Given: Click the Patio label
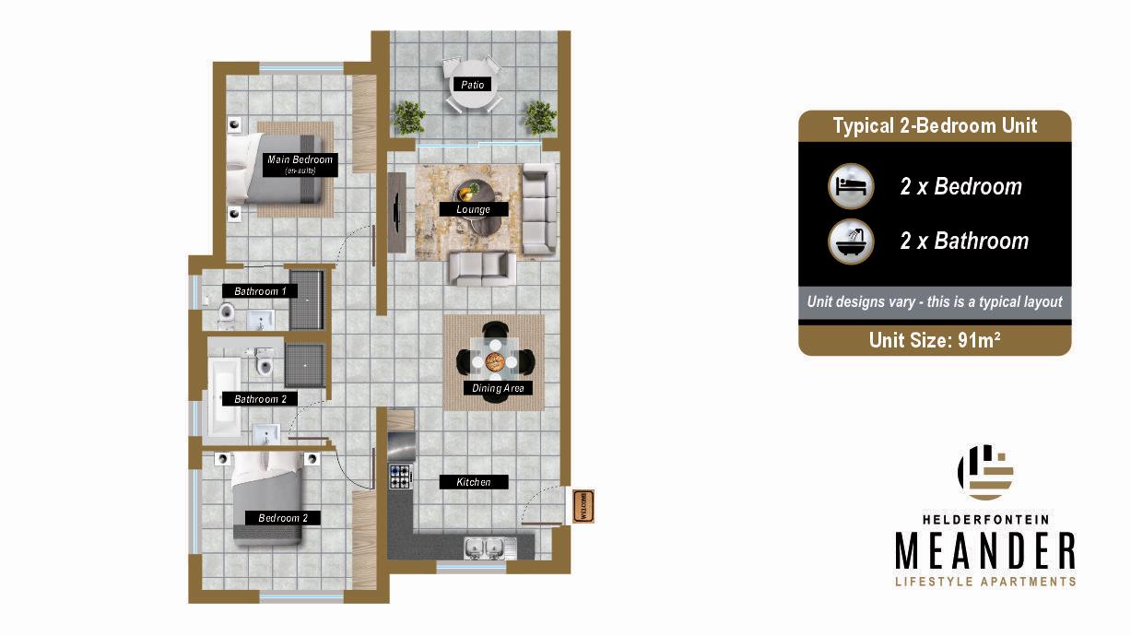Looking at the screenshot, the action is pos(472,85).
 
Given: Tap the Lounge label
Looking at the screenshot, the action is pos(473,209).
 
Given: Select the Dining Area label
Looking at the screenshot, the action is pos(498,388).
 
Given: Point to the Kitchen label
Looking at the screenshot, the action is pos(474,482).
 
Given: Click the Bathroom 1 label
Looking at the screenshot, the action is pos(260,291).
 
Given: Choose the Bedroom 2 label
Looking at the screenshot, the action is pos(283,518).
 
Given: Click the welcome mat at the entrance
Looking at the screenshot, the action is pos(583,506).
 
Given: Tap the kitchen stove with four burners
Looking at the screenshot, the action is pos(400,477).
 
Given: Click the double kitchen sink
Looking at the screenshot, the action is pos(484,548).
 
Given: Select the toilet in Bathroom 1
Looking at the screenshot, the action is pos(227,312).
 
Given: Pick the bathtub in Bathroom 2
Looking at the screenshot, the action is pos(225,396).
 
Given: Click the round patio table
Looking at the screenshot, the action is pos(473,84).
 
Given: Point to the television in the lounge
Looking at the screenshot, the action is pos(398,211).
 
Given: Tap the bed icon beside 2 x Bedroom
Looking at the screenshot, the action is pos(852,186).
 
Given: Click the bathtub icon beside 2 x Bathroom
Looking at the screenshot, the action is pos(852,241).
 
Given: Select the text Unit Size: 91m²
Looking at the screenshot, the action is pos(935,340).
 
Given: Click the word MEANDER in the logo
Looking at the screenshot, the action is pos(985,550).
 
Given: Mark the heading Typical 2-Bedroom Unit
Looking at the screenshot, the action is pos(935,125).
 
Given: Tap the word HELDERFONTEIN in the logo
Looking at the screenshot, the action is pos(985,520).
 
